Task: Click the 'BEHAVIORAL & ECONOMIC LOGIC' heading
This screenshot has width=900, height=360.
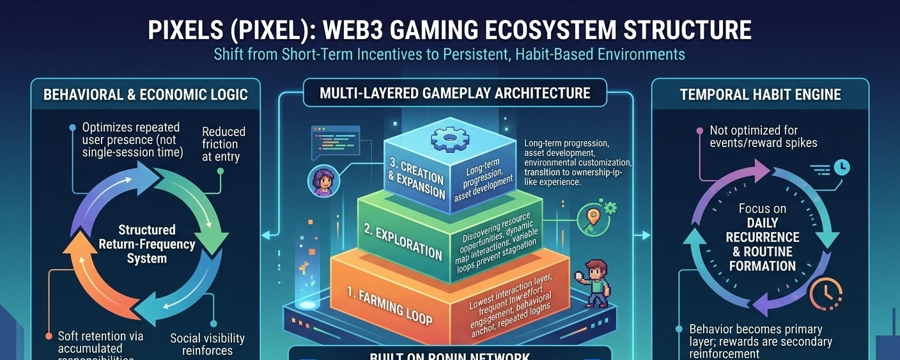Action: [x=145, y=95]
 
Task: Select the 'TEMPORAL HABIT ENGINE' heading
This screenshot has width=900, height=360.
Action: [x=760, y=95]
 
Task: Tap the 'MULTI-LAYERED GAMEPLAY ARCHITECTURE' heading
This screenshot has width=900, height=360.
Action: [x=454, y=93]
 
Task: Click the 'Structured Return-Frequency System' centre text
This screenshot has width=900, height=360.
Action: [x=146, y=244]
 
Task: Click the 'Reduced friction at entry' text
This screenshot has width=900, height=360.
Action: [x=223, y=144]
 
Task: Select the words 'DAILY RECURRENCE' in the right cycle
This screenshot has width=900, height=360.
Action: [x=763, y=230]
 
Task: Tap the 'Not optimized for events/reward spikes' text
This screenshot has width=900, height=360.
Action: [x=763, y=136]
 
